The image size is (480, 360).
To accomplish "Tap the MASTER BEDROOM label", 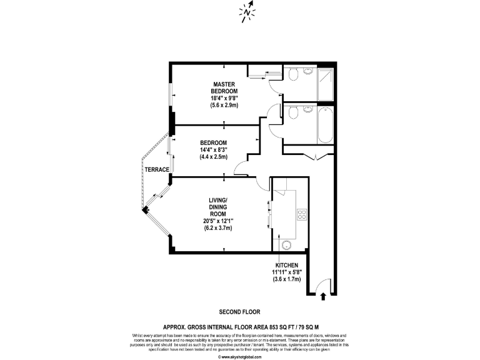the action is click(223, 88).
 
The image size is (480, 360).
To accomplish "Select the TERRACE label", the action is click(157, 169).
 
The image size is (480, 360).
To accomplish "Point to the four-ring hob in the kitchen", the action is click(301, 214).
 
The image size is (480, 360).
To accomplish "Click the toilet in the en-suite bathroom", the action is click(292, 75).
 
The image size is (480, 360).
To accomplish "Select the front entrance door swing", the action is click(322, 284).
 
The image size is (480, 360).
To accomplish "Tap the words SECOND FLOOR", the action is click(239, 312).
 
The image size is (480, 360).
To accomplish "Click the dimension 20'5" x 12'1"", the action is click(217, 221).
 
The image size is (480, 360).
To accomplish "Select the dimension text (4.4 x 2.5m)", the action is click(213, 156).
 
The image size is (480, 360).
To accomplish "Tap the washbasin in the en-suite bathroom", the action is click(308, 72).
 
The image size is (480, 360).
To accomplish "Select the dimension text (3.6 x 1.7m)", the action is click(287, 279).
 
